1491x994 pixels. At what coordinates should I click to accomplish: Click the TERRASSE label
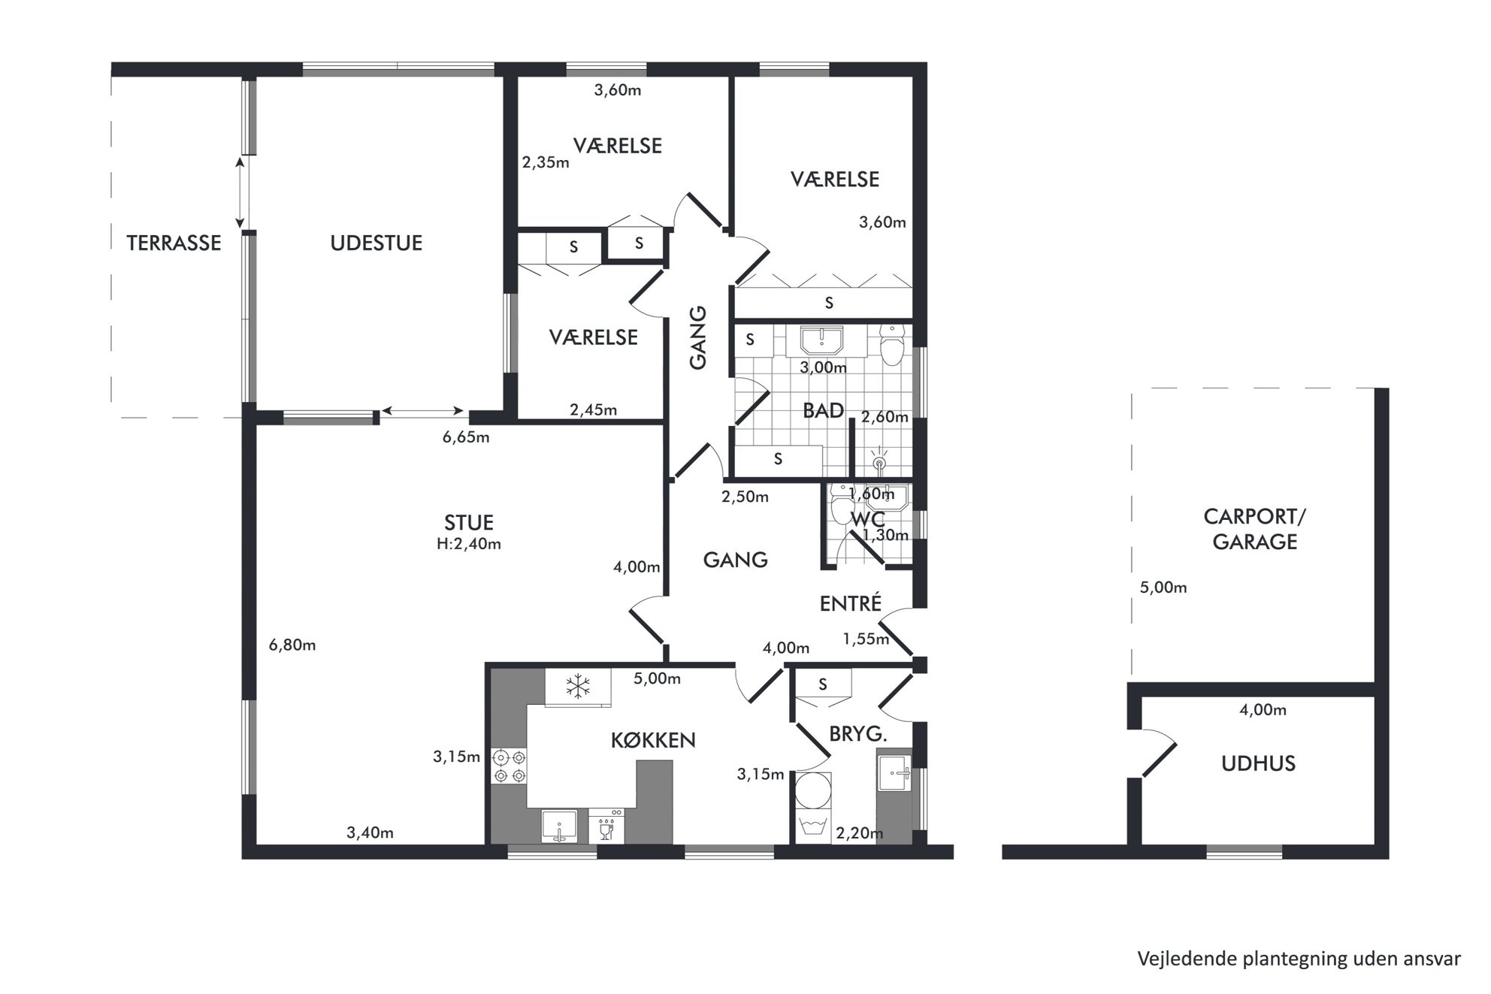tap(174, 243)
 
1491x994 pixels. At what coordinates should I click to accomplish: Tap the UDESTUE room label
tap(377, 243)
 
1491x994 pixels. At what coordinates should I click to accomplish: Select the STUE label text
tap(469, 522)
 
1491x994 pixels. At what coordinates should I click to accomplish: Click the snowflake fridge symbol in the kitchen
tap(578, 687)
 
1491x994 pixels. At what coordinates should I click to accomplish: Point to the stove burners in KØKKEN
tap(509, 766)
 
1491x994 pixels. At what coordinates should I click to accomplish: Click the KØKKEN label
tap(653, 740)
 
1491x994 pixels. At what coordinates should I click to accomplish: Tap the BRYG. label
tap(858, 734)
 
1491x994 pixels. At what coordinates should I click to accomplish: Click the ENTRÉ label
tap(850, 603)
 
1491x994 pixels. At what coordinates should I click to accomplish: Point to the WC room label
tap(868, 519)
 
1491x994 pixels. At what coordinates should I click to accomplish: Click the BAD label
tap(824, 410)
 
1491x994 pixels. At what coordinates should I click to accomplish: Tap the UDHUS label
tap(1258, 763)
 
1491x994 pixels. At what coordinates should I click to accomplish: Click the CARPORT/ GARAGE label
tap(1255, 529)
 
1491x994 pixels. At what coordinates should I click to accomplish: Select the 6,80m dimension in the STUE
tap(292, 645)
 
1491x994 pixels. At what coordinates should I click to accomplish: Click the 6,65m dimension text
tap(466, 437)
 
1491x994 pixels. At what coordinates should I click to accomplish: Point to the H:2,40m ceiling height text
tap(469, 544)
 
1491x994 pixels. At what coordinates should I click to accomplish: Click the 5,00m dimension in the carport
tap(1163, 588)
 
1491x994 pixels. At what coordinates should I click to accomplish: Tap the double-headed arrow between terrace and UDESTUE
tap(240, 192)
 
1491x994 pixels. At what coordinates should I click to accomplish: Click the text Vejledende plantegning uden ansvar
tap(1299, 959)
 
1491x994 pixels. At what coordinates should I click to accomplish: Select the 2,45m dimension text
tap(593, 409)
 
